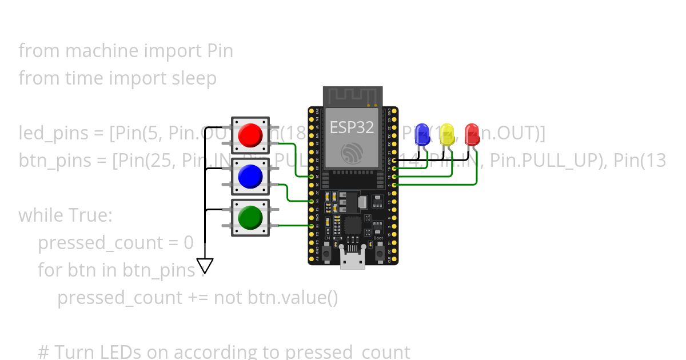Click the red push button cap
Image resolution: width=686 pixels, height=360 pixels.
(250, 135)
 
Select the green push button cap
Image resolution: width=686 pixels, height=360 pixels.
(250, 217)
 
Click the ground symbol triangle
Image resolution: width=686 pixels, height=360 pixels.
(205, 266)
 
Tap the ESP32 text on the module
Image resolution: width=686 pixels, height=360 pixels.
(352, 127)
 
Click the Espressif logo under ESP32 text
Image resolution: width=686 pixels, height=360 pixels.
(352, 153)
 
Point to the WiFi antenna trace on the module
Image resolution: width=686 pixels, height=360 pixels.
(352, 97)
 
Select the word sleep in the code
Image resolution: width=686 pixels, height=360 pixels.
(194, 78)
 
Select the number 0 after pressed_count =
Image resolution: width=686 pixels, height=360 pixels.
(189, 243)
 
